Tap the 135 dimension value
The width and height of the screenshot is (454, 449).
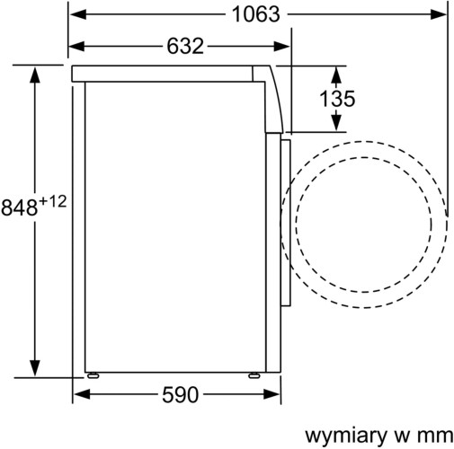(x=337, y=100)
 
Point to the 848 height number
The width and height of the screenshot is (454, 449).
(x=19, y=207)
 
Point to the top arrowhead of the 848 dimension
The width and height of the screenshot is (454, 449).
(x=35, y=71)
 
